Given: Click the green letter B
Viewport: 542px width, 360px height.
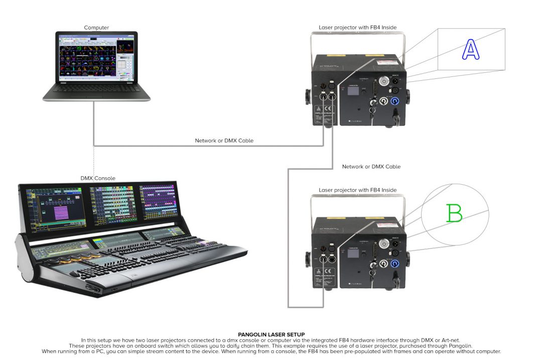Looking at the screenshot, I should pos(454,212).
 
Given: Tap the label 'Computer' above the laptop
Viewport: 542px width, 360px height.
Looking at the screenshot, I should pos(96,28).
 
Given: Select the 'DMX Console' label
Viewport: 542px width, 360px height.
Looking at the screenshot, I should pos(98,178).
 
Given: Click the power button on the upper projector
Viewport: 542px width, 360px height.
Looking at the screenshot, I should pos(384,81).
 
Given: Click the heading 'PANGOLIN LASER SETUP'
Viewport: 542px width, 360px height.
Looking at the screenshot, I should pos(272,334).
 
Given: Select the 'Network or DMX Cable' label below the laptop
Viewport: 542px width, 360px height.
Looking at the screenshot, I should pos(224,141).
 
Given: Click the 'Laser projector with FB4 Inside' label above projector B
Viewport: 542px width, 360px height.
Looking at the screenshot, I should pos(357,190).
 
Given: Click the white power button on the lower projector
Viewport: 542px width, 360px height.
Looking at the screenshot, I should pos(384,244).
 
